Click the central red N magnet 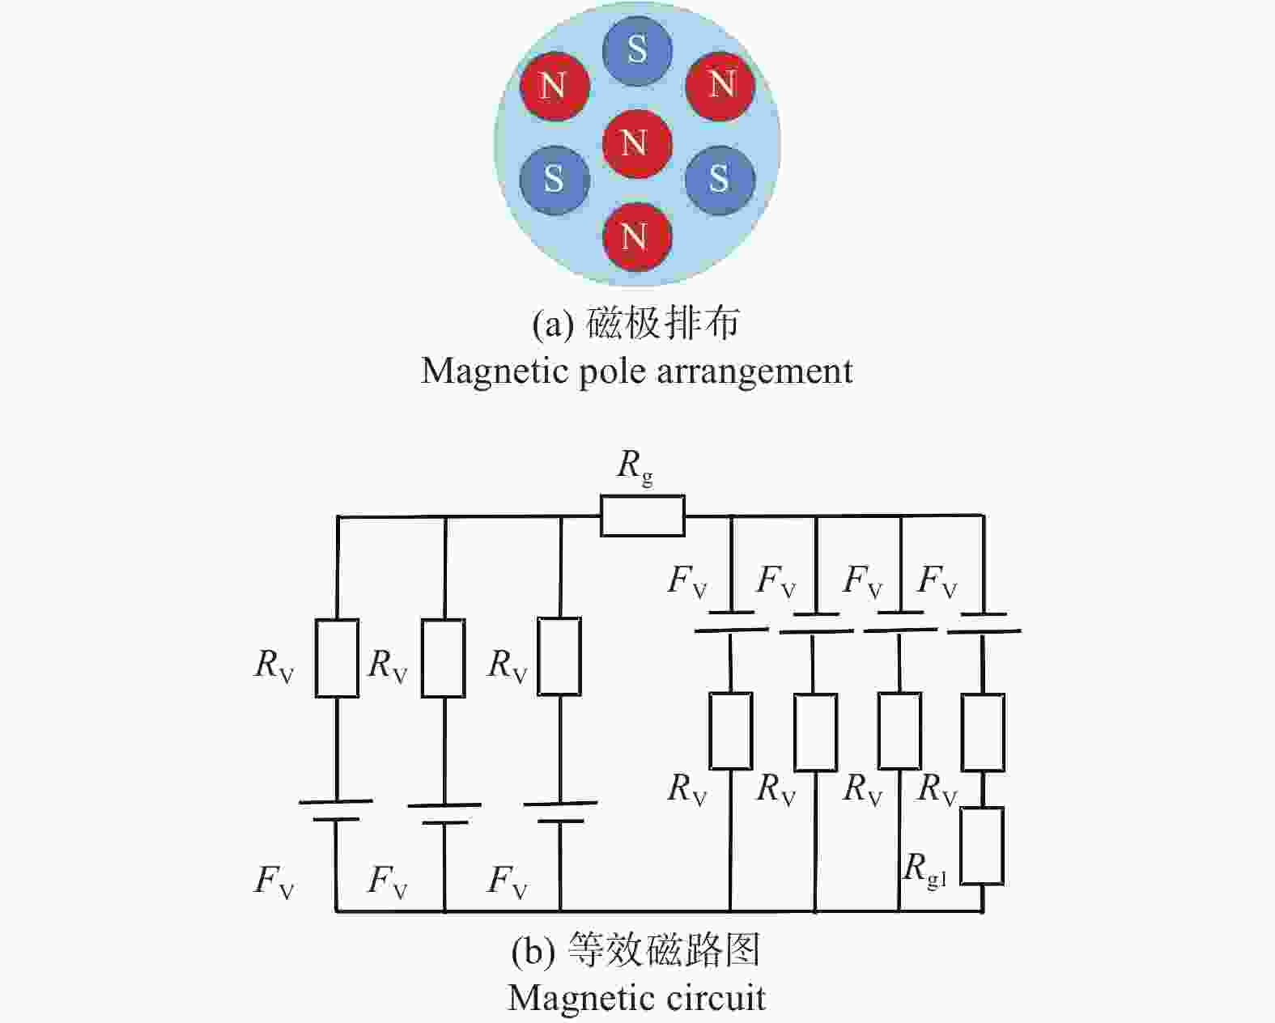(x=637, y=144)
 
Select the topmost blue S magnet (x=638, y=49)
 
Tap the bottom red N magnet (x=637, y=237)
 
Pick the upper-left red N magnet (x=555, y=87)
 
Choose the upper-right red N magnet (x=720, y=87)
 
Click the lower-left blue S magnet (x=555, y=180)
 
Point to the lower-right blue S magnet (x=720, y=180)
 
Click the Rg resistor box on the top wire (x=643, y=516)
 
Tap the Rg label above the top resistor (x=635, y=467)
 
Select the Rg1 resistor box (x=982, y=846)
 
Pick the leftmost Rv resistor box (x=337, y=658)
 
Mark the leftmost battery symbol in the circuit (x=336, y=810)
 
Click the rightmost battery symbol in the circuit (x=984, y=623)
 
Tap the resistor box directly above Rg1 (x=983, y=732)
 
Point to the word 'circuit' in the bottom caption (x=716, y=997)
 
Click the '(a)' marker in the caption (x=553, y=325)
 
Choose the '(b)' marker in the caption (x=533, y=951)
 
